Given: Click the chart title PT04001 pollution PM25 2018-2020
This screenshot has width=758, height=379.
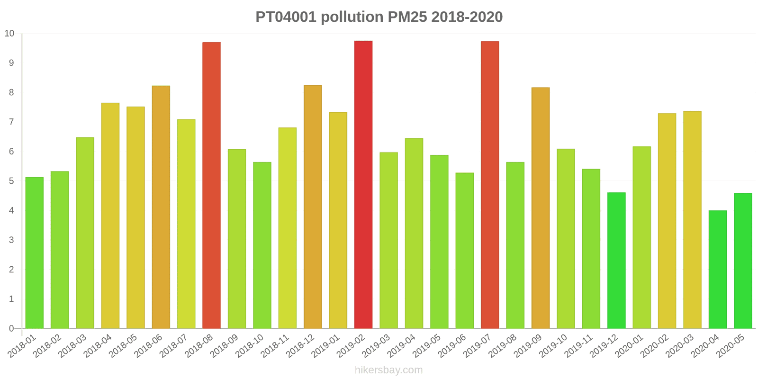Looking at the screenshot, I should [379, 17].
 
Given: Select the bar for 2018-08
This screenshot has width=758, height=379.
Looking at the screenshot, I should [211, 185].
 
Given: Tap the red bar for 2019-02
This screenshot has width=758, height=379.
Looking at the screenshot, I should [363, 185].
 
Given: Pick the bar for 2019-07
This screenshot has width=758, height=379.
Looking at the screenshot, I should [490, 185].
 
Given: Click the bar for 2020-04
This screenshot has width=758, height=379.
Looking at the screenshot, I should [717, 269].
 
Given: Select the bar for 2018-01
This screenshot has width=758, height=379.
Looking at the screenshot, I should [34, 253].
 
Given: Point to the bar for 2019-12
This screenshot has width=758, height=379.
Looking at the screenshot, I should [616, 260].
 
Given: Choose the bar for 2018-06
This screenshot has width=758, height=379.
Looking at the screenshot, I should [161, 207].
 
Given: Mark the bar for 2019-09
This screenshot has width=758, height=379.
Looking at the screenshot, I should [541, 208].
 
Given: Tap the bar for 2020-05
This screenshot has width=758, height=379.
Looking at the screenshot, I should [743, 261].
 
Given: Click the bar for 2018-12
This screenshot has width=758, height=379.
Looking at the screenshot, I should [313, 207].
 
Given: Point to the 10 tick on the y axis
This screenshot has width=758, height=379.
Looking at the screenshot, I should [9, 34].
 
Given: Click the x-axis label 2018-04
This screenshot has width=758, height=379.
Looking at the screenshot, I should [98, 346].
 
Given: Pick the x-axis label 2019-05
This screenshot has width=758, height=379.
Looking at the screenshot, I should [427, 346].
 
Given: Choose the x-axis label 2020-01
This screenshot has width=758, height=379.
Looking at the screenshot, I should [629, 346].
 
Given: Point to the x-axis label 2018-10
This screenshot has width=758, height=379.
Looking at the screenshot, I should [250, 346].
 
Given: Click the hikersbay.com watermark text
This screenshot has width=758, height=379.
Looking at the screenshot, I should [388, 370].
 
